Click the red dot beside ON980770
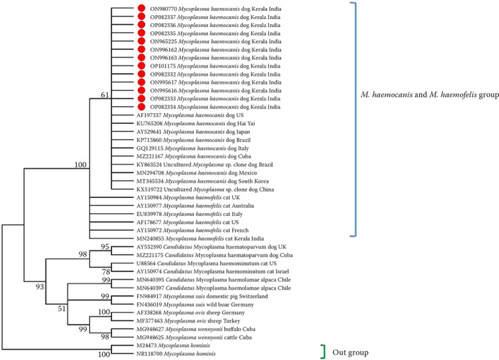tap(142, 9)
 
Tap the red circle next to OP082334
tap(142, 107)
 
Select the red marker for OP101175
tap(142, 66)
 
